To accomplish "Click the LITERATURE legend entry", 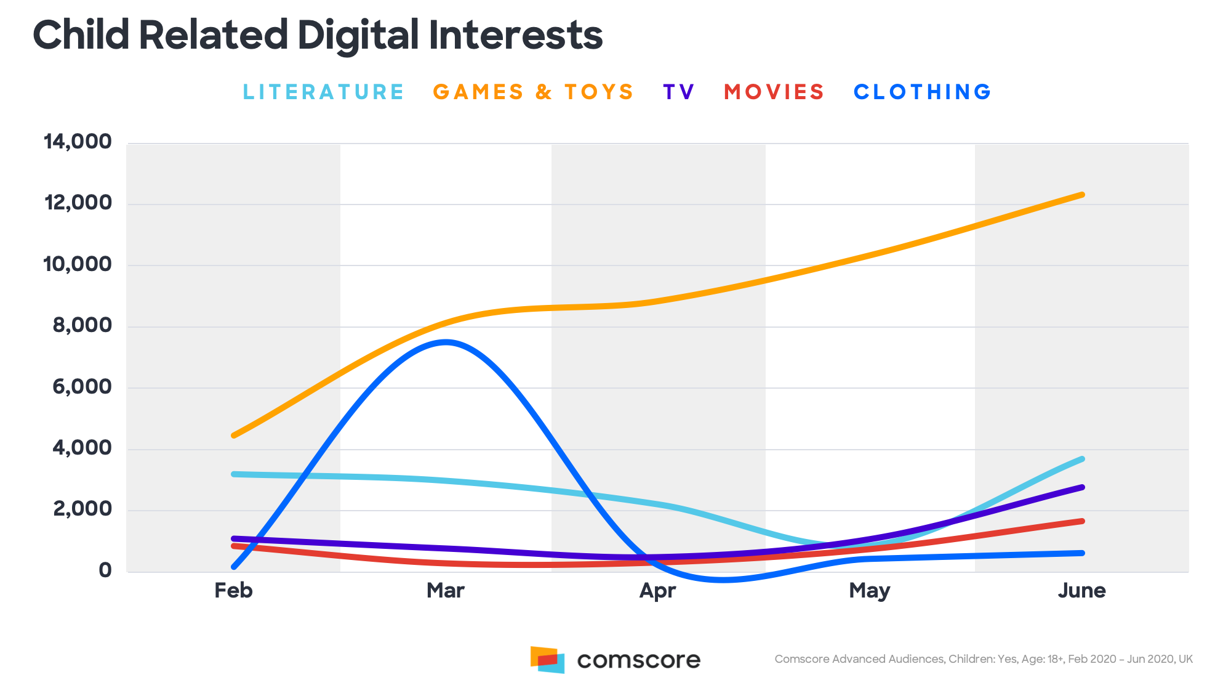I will point(323,92).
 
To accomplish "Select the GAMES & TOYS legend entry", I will point(533,92).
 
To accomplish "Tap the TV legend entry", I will point(679,92).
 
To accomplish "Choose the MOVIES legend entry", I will point(774,92).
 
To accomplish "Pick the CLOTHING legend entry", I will point(923,92).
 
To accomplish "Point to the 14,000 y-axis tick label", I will point(78,142).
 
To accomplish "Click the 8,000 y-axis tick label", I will point(82,325).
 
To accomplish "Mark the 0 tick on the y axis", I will point(105,570).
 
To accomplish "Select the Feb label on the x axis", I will point(233,591).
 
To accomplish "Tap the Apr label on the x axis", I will point(657,591).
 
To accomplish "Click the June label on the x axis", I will point(1081,591).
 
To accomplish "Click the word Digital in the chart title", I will point(358,35).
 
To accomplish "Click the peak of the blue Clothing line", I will point(445,342).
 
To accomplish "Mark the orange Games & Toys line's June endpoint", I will point(1082,195).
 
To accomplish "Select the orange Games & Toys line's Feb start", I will point(234,435).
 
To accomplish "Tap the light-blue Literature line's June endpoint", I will point(1081,459).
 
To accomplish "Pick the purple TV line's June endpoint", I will point(1082,487).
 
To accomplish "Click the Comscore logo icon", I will point(547,660).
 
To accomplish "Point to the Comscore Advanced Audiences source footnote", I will point(983,659).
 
